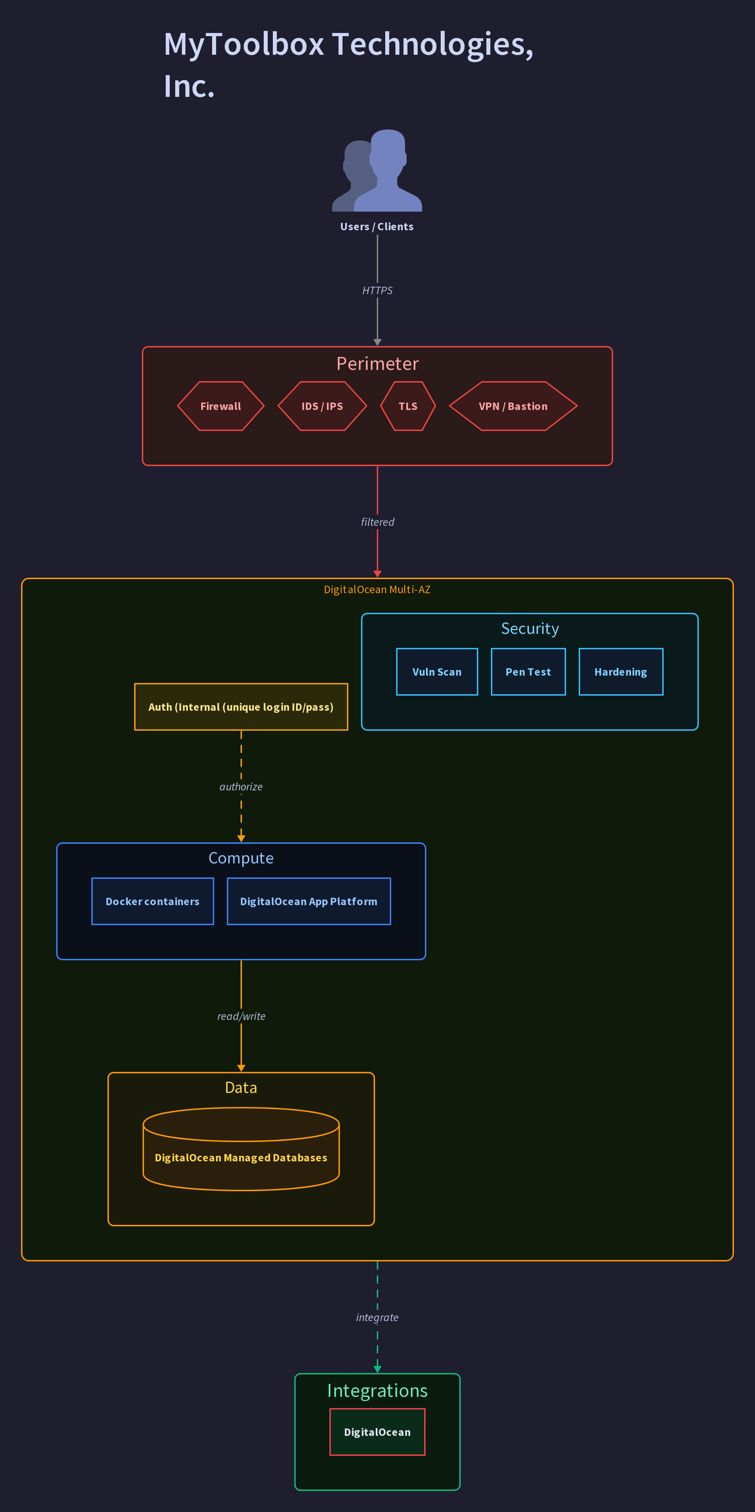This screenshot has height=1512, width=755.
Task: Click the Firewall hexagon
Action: click(x=221, y=406)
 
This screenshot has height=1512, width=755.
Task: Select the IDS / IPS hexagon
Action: click(x=322, y=406)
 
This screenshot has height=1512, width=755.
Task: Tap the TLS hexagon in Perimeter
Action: click(x=408, y=406)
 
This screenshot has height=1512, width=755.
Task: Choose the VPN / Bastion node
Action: click(x=513, y=406)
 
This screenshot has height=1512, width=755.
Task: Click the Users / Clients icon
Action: click(x=377, y=170)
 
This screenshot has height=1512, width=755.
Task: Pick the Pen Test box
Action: click(x=528, y=672)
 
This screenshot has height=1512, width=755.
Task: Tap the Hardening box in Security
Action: click(x=621, y=672)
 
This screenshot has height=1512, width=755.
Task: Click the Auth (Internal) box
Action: click(x=241, y=707)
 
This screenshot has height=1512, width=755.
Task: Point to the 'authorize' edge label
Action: click(x=241, y=787)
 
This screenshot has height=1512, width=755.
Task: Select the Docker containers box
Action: click(x=153, y=902)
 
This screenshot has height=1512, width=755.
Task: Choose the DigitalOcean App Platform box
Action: click(x=309, y=902)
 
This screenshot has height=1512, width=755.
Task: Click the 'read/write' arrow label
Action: click(x=241, y=1016)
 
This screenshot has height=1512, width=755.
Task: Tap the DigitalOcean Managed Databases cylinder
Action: click(x=241, y=1149)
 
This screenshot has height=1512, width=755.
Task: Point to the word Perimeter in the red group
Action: click(x=377, y=364)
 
